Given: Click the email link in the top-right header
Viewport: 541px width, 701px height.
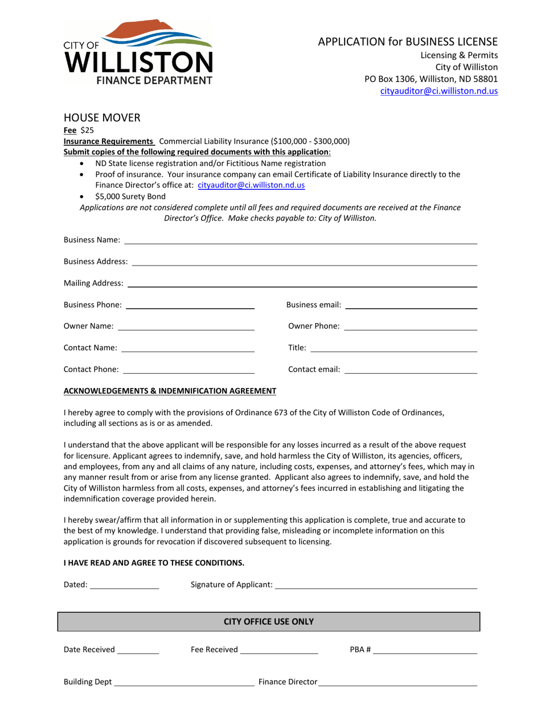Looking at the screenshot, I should [438, 91].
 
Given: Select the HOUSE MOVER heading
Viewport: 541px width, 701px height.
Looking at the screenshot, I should [101, 118].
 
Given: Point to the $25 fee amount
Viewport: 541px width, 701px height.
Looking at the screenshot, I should [87, 130].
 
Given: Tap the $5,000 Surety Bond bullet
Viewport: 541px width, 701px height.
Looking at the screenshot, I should [130, 197].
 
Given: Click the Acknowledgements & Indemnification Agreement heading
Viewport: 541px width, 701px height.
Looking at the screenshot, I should [170, 391].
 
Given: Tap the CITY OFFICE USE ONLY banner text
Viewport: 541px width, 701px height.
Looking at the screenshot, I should [269, 622].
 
